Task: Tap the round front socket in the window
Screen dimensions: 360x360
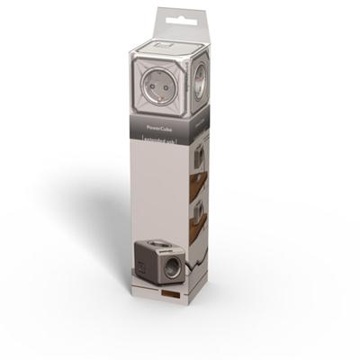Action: [157, 85]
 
